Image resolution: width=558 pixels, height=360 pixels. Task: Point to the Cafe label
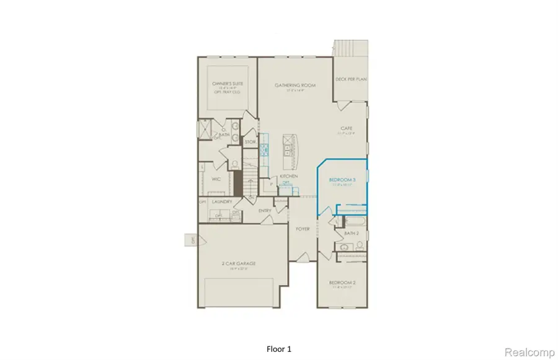pyautogui.click(x=345, y=129)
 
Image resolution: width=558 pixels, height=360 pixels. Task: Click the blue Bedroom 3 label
pyautogui.click(x=342, y=180)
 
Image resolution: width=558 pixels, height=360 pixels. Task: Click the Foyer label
pyautogui.click(x=303, y=229)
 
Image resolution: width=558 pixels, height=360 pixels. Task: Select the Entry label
pyautogui.click(x=265, y=211)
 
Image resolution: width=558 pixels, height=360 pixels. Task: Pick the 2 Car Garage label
pyautogui.click(x=239, y=263)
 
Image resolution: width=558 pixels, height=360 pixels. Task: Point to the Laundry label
pyautogui.click(x=222, y=201)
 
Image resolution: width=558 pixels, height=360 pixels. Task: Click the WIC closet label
pyautogui.click(x=216, y=179)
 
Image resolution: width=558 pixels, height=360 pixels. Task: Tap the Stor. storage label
pyautogui.click(x=250, y=142)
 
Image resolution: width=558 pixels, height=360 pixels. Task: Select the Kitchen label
pyautogui.click(x=288, y=177)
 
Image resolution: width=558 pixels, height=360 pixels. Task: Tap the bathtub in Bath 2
pyautogui.click(x=350, y=221)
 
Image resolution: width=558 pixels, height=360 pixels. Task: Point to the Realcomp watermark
pyautogui.click(x=529, y=352)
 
